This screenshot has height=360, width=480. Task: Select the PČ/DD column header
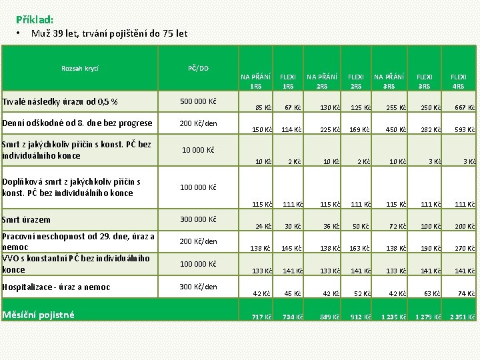pos(198,68)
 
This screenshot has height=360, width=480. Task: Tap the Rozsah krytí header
pos(79,68)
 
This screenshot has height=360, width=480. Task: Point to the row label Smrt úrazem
pos(26,219)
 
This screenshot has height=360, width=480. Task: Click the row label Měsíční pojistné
pos(39,315)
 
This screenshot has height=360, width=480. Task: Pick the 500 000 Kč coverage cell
pos(198,101)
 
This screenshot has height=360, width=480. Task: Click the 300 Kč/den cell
pos(198,287)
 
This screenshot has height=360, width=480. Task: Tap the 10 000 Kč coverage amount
pos(198,149)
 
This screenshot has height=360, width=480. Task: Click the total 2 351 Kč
pos(461,317)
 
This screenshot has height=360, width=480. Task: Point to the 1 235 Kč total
pos(390,317)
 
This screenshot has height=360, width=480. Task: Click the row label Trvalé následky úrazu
pos(60,101)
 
